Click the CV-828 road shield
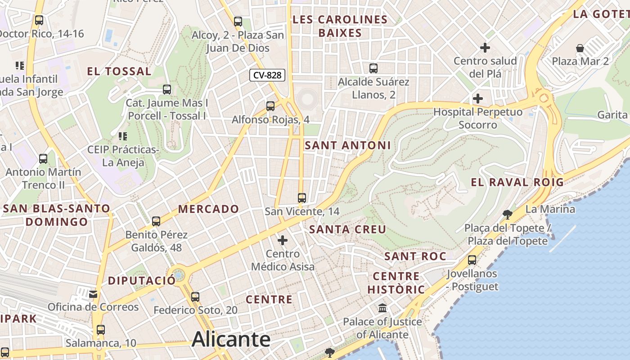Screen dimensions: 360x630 pyautogui.click(x=267, y=75)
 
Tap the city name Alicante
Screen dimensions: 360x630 pyautogui.click(x=231, y=339)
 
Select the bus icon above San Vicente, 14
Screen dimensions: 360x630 pyautogui.click(x=302, y=198)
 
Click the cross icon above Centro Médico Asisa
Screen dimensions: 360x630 pyautogui.click(x=283, y=240)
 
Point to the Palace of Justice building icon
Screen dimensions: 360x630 pyautogui.click(x=382, y=308)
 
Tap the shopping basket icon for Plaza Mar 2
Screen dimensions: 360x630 pyautogui.click(x=580, y=48)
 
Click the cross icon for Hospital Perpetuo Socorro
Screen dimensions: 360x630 pyautogui.click(x=478, y=98)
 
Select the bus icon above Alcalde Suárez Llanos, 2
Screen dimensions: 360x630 pyautogui.click(x=373, y=68)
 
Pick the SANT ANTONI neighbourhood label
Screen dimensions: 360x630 pyautogui.click(x=348, y=145)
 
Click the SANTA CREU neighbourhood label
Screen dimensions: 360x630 pyautogui.click(x=347, y=229)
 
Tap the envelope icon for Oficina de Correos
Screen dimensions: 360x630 pyautogui.click(x=93, y=294)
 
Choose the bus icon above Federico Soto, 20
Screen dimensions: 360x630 pyautogui.click(x=195, y=297)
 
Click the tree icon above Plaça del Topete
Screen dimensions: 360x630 pyautogui.click(x=507, y=214)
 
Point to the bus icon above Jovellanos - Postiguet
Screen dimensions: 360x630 pyautogui.click(x=472, y=260)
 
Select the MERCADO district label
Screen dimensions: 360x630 pyautogui.click(x=208, y=209)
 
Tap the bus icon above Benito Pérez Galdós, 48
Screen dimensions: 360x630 pyautogui.click(x=156, y=221)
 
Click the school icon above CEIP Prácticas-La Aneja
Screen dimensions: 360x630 pyautogui.click(x=122, y=136)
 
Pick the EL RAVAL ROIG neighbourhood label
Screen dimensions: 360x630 pyautogui.click(x=517, y=182)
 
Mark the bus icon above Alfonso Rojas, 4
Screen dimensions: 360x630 pyautogui.click(x=270, y=106)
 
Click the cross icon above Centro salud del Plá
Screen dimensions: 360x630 pyautogui.click(x=485, y=47)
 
